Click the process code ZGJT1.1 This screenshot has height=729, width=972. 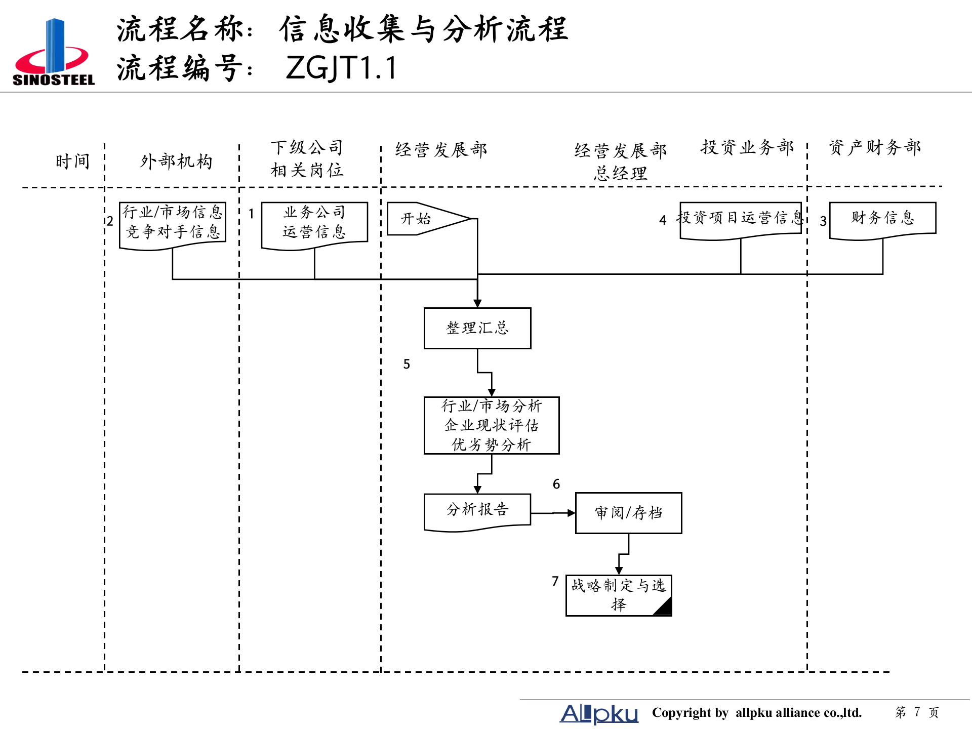pos(341,68)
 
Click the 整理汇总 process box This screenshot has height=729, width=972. pos(477,328)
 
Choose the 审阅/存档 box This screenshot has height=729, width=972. pos(628,513)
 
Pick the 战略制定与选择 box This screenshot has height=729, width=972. pos(618,595)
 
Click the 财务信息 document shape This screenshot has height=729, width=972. pos(882,219)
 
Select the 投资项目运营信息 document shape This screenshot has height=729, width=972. pos(740,219)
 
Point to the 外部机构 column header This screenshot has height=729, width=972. pos(176,161)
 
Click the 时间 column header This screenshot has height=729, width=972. pos(72,161)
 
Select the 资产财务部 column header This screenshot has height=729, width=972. pos(875,147)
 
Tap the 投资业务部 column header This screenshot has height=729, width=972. pos(747,147)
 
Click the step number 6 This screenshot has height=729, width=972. pos(556,484)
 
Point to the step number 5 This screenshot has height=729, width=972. pos(407,364)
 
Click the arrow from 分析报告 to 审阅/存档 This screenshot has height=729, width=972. pos(553,513)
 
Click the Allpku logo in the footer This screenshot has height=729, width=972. pos(599,713)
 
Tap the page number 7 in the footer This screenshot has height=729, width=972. pos(917,712)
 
